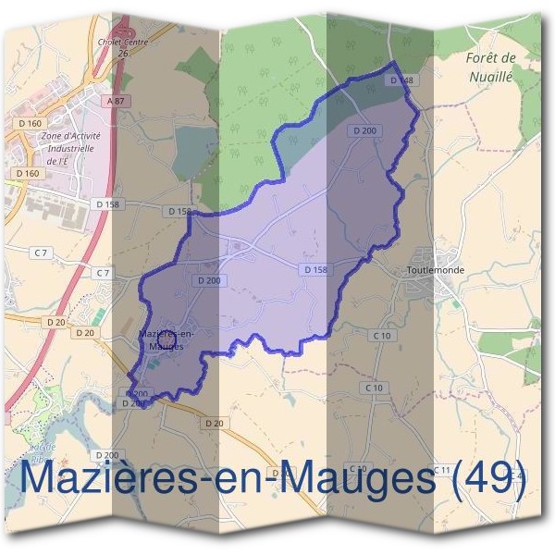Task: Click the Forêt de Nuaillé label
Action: pos(490,68)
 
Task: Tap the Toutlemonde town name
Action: pos(435,271)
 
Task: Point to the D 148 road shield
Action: pos(400,80)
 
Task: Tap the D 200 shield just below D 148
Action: pos(364,131)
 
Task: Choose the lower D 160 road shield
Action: pos(28,173)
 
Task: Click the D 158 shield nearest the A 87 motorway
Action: pos(108,203)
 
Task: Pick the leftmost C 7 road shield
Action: pos(40,253)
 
